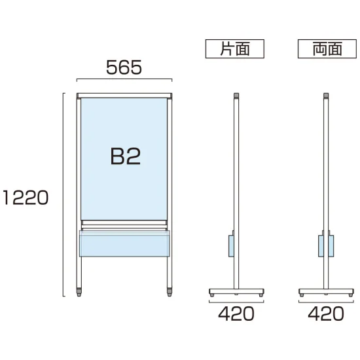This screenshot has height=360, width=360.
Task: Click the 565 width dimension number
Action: [124, 67]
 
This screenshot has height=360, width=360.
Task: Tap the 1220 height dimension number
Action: [26, 198]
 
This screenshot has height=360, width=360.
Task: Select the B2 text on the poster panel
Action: [126, 156]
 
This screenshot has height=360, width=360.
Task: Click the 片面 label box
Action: [234, 48]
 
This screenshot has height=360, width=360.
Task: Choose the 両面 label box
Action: [327, 48]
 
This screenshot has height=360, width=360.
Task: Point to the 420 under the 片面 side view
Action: [236, 314]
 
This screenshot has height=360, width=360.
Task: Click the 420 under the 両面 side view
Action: [326, 314]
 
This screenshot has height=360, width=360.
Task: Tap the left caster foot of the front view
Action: [79, 292]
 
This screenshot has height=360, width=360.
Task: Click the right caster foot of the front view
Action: [170, 292]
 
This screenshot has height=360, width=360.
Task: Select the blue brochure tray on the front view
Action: [124, 243]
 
